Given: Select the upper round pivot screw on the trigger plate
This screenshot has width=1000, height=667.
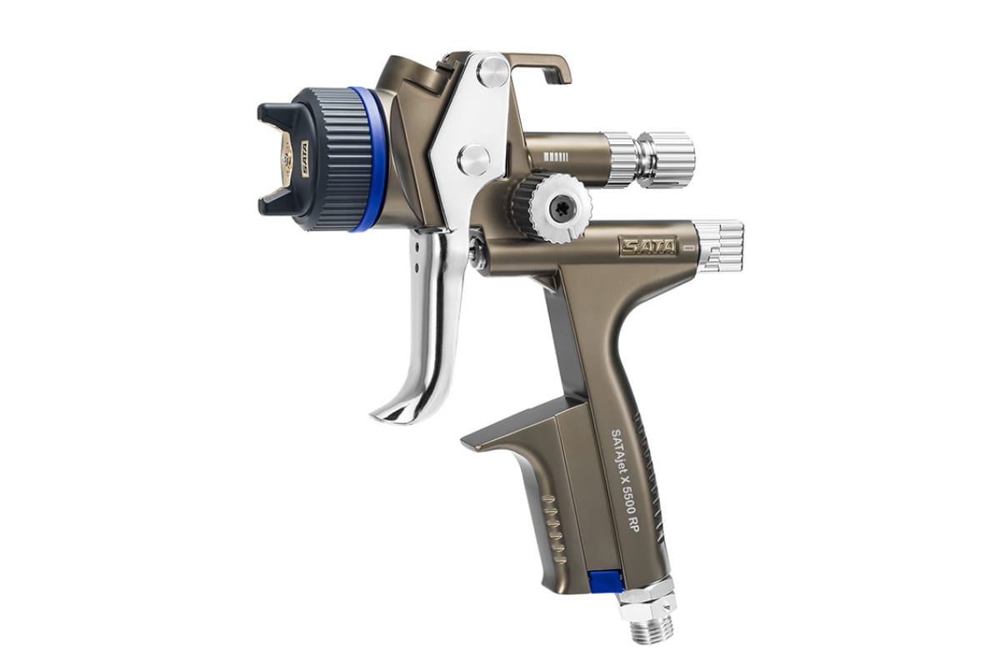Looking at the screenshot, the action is click(493, 70).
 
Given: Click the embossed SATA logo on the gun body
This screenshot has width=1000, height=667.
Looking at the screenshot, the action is click(647, 247).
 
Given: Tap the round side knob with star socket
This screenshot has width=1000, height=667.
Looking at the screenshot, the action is click(562, 208).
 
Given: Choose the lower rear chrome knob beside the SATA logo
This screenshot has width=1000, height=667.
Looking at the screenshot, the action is click(718, 247).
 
